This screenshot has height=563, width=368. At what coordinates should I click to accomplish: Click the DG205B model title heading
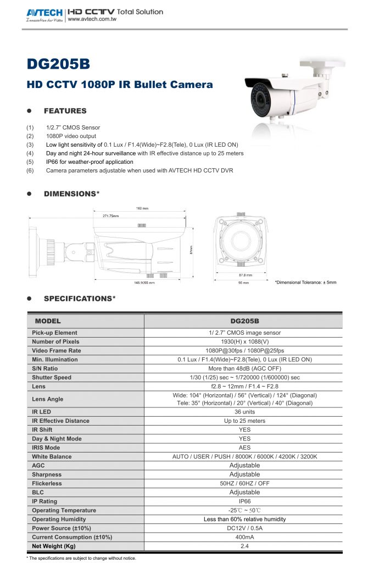(x=58, y=64)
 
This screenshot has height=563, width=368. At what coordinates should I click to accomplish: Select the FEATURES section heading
(x=65, y=111)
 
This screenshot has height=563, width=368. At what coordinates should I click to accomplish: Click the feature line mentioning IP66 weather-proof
(x=90, y=162)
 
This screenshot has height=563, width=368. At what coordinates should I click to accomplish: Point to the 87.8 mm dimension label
(x=245, y=275)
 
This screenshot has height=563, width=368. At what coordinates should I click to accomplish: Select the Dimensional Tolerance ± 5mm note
(x=305, y=283)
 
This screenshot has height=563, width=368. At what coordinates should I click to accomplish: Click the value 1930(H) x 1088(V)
(x=244, y=341)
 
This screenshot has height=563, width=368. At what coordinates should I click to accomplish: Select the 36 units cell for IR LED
(x=244, y=412)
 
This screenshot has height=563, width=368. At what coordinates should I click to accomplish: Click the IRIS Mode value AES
(x=244, y=448)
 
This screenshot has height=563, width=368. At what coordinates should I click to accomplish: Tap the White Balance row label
(x=52, y=456)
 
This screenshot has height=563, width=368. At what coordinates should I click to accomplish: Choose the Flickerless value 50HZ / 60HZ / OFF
(x=244, y=483)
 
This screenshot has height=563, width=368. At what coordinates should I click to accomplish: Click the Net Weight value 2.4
(x=244, y=546)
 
